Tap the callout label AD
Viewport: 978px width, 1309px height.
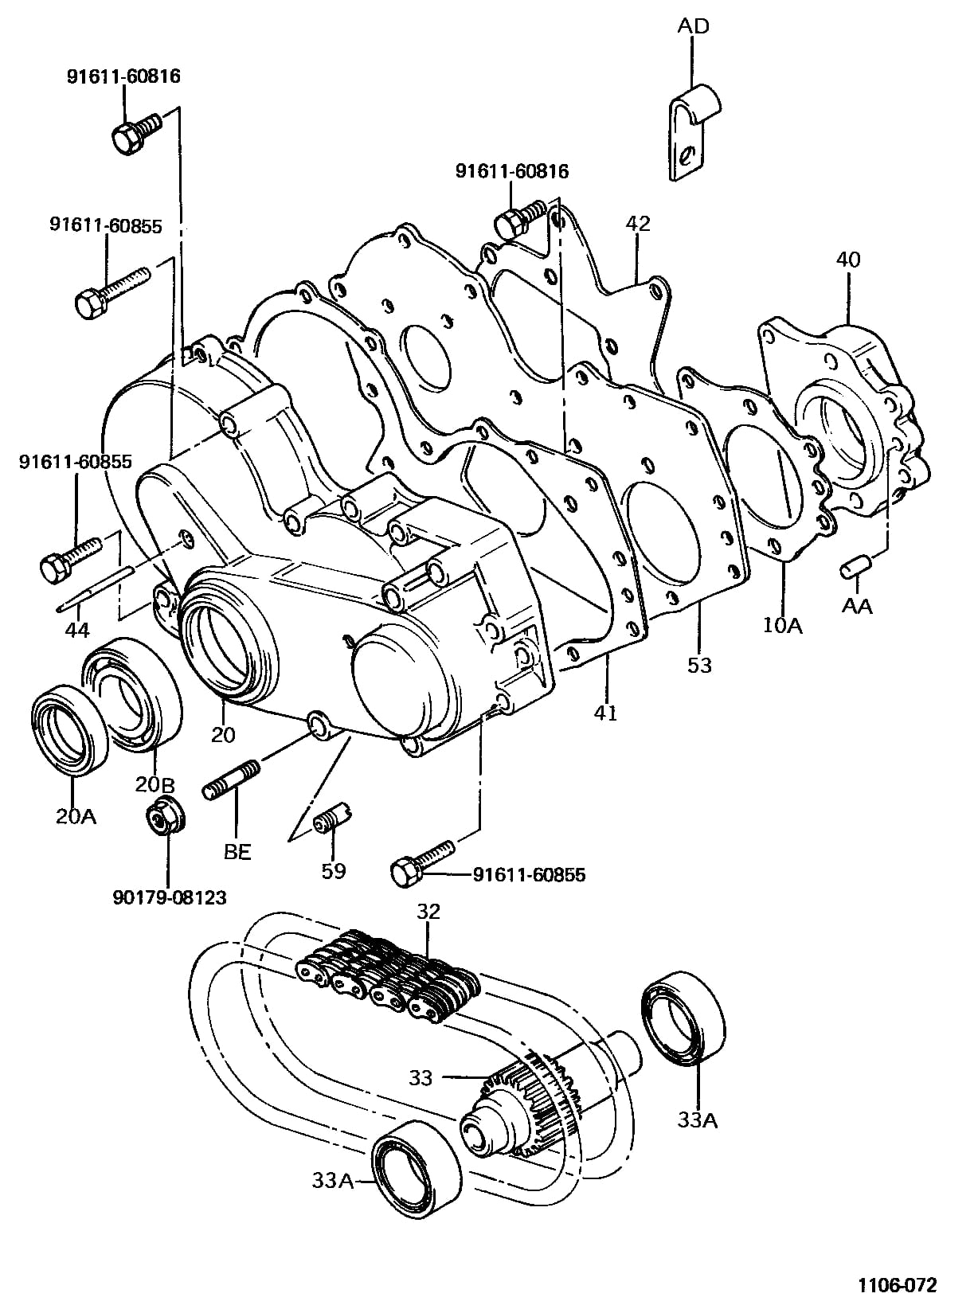(694, 25)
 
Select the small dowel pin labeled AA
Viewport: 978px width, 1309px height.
(855, 568)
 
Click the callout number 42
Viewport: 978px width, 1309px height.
(638, 224)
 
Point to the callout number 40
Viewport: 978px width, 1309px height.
(848, 260)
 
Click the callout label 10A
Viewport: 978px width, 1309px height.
(784, 625)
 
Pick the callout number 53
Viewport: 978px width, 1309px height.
(699, 665)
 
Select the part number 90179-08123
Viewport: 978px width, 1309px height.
(170, 897)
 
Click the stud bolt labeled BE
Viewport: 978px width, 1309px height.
(231, 780)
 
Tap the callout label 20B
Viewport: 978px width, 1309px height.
(155, 784)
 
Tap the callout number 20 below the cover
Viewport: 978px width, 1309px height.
(223, 735)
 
